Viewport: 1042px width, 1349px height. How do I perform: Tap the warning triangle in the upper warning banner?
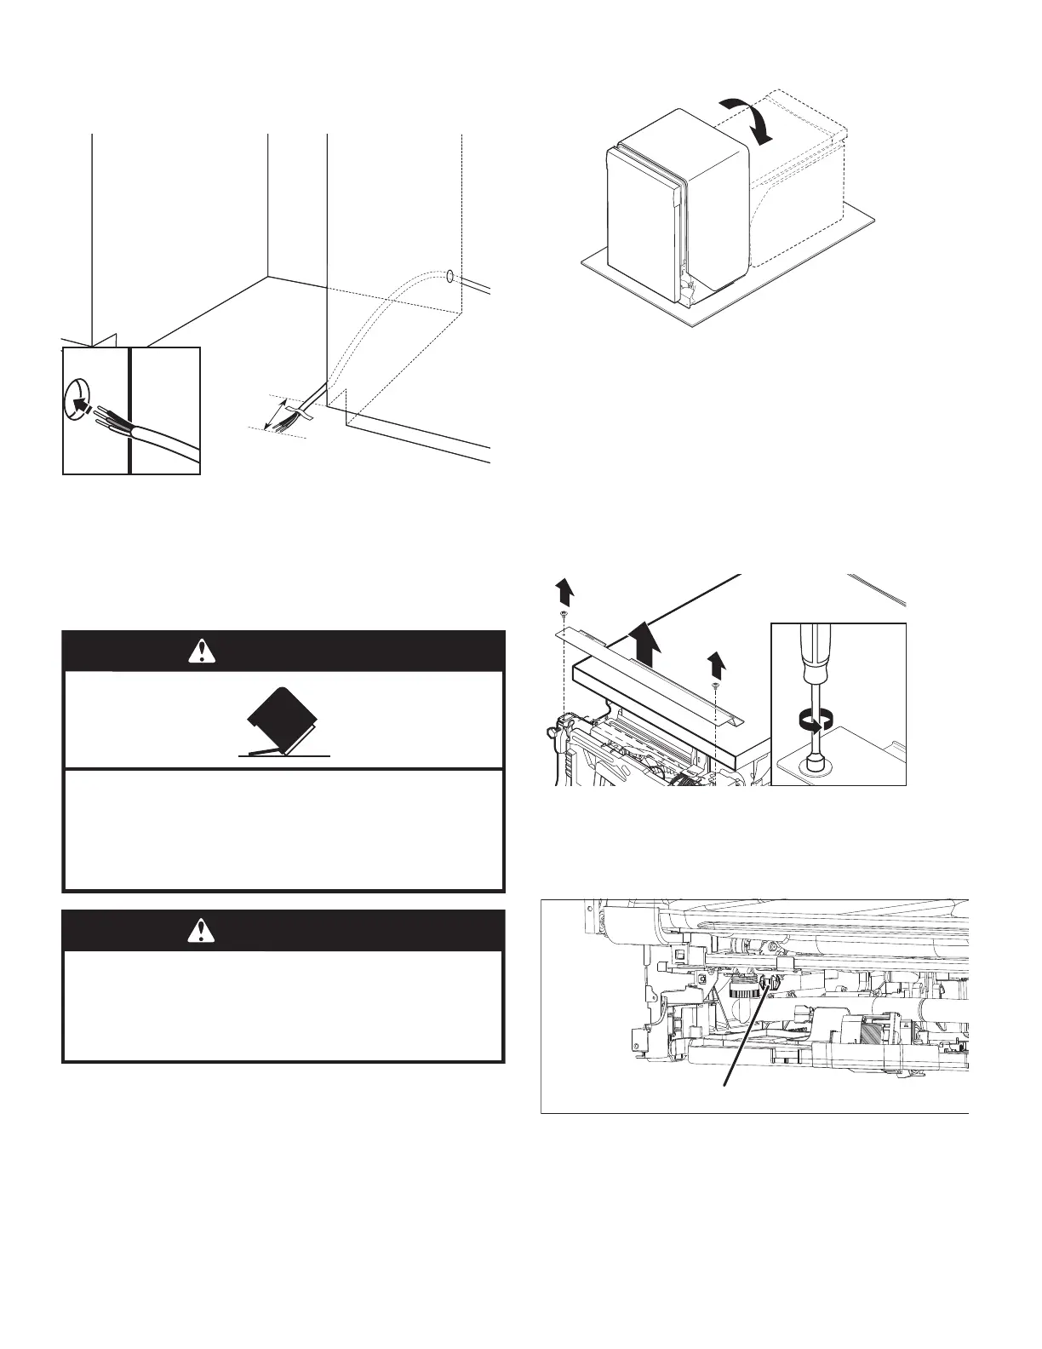[201, 652]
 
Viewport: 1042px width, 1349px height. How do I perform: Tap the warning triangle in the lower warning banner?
[201, 931]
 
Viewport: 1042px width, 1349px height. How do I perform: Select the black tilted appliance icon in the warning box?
[283, 720]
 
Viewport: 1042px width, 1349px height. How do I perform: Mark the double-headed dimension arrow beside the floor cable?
[275, 415]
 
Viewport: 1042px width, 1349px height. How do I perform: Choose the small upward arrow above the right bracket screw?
[716, 662]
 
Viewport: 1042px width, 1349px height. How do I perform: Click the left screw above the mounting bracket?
[563, 614]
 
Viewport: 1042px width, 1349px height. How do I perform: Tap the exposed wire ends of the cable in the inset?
[107, 417]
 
